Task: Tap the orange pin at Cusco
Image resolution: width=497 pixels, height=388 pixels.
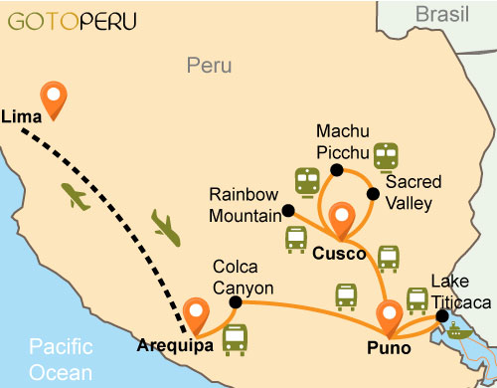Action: tap(344, 218)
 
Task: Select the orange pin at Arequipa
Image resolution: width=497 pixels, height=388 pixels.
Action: tap(196, 313)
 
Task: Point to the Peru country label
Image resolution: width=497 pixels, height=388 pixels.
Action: tap(209, 66)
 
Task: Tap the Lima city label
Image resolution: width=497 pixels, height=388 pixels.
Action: tap(22, 116)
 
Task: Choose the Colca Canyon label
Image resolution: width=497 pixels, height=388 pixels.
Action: tap(242, 276)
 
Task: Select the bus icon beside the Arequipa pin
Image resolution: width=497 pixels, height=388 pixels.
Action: tap(235, 339)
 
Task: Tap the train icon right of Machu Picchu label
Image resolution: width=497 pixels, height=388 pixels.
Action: tap(386, 156)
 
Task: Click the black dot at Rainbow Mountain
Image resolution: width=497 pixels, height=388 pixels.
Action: tap(288, 211)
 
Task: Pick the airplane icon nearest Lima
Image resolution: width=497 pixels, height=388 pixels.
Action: tap(75, 196)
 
